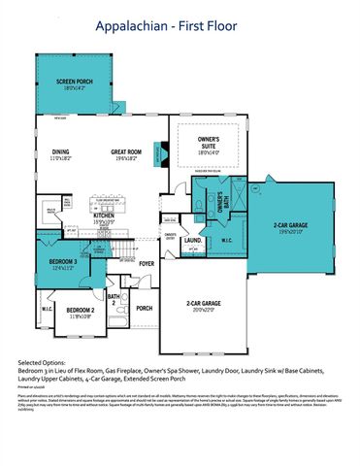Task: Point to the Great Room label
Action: coord(129,150)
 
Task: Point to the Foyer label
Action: coord(146,261)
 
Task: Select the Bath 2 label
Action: coord(114,299)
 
